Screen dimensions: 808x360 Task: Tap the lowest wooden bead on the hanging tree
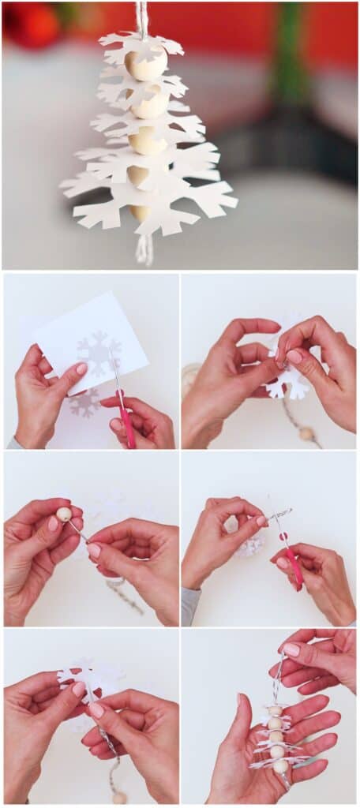coord(141,211)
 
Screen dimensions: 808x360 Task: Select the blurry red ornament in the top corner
coord(32,24)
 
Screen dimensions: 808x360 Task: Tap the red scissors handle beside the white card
coord(127,426)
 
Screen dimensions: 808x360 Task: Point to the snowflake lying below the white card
coord(84,402)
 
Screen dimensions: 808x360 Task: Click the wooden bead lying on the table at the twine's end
coord(306,433)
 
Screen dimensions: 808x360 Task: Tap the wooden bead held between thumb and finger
coord(64,514)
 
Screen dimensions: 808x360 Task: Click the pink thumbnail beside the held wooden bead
coord(54,523)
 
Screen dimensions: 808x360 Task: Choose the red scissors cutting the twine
coord(293,563)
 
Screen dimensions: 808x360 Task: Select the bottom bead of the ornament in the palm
coord(280,765)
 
